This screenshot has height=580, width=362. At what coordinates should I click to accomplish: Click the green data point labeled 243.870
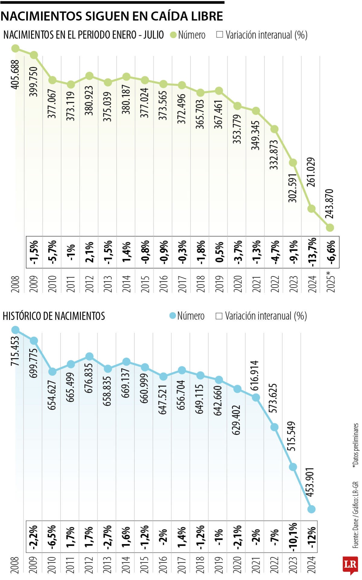click(x=330, y=227)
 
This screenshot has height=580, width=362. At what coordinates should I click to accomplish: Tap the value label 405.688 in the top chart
click(x=15, y=74)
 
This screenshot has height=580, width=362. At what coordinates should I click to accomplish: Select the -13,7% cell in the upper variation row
click(x=312, y=252)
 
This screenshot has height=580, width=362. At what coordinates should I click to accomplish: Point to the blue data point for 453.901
click(x=311, y=509)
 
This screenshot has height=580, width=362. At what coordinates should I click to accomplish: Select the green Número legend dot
click(x=173, y=35)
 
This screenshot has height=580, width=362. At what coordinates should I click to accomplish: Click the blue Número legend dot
click(x=173, y=316)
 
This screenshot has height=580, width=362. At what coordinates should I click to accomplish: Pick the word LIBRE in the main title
click(x=207, y=16)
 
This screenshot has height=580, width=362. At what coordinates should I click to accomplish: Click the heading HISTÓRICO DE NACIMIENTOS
click(x=54, y=316)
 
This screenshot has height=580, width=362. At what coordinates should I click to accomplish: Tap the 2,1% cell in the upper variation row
click(x=89, y=252)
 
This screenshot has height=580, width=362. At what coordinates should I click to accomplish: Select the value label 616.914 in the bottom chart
click(x=255, y=376)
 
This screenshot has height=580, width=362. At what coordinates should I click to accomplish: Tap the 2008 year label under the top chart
click(x=15, y=284)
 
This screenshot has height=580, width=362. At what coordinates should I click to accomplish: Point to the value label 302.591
click(x=293, y=188)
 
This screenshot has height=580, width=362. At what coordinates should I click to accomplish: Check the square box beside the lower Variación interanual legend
click(x=219, y=316)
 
